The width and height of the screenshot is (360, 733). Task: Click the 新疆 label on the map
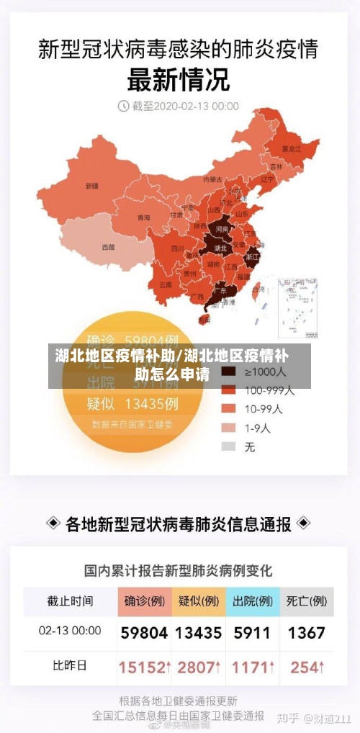[92, 185]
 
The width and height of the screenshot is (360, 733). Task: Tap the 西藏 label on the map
[108, 246]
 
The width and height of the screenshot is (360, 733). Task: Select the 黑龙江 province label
[291, 148]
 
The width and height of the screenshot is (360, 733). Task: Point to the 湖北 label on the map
[220, 247]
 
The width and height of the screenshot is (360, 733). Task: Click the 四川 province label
[177, 248]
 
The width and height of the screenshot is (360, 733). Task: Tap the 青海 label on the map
[144, 217]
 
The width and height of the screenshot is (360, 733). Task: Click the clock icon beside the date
[122, 106]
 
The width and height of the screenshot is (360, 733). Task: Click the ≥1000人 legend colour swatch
[229, 372]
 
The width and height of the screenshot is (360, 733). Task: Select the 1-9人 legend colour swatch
[229, 428]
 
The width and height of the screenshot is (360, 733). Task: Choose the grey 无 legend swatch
[229, 446]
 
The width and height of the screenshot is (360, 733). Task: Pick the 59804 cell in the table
[144, 633]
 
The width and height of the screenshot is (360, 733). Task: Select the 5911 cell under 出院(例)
[252, 633]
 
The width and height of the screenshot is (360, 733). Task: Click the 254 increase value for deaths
[307, 667]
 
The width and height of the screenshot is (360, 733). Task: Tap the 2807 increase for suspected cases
[198, 667]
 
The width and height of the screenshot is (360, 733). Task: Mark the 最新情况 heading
[179, 78]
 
